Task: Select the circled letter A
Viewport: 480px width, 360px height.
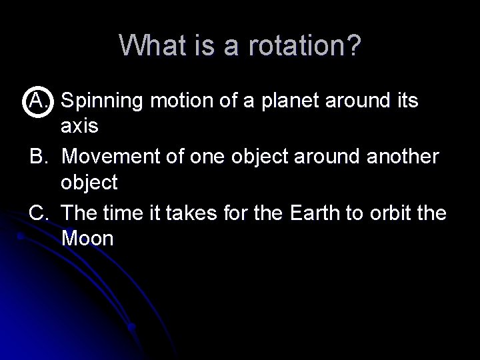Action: [37, 101]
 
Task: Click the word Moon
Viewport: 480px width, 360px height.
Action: [87, 239]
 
